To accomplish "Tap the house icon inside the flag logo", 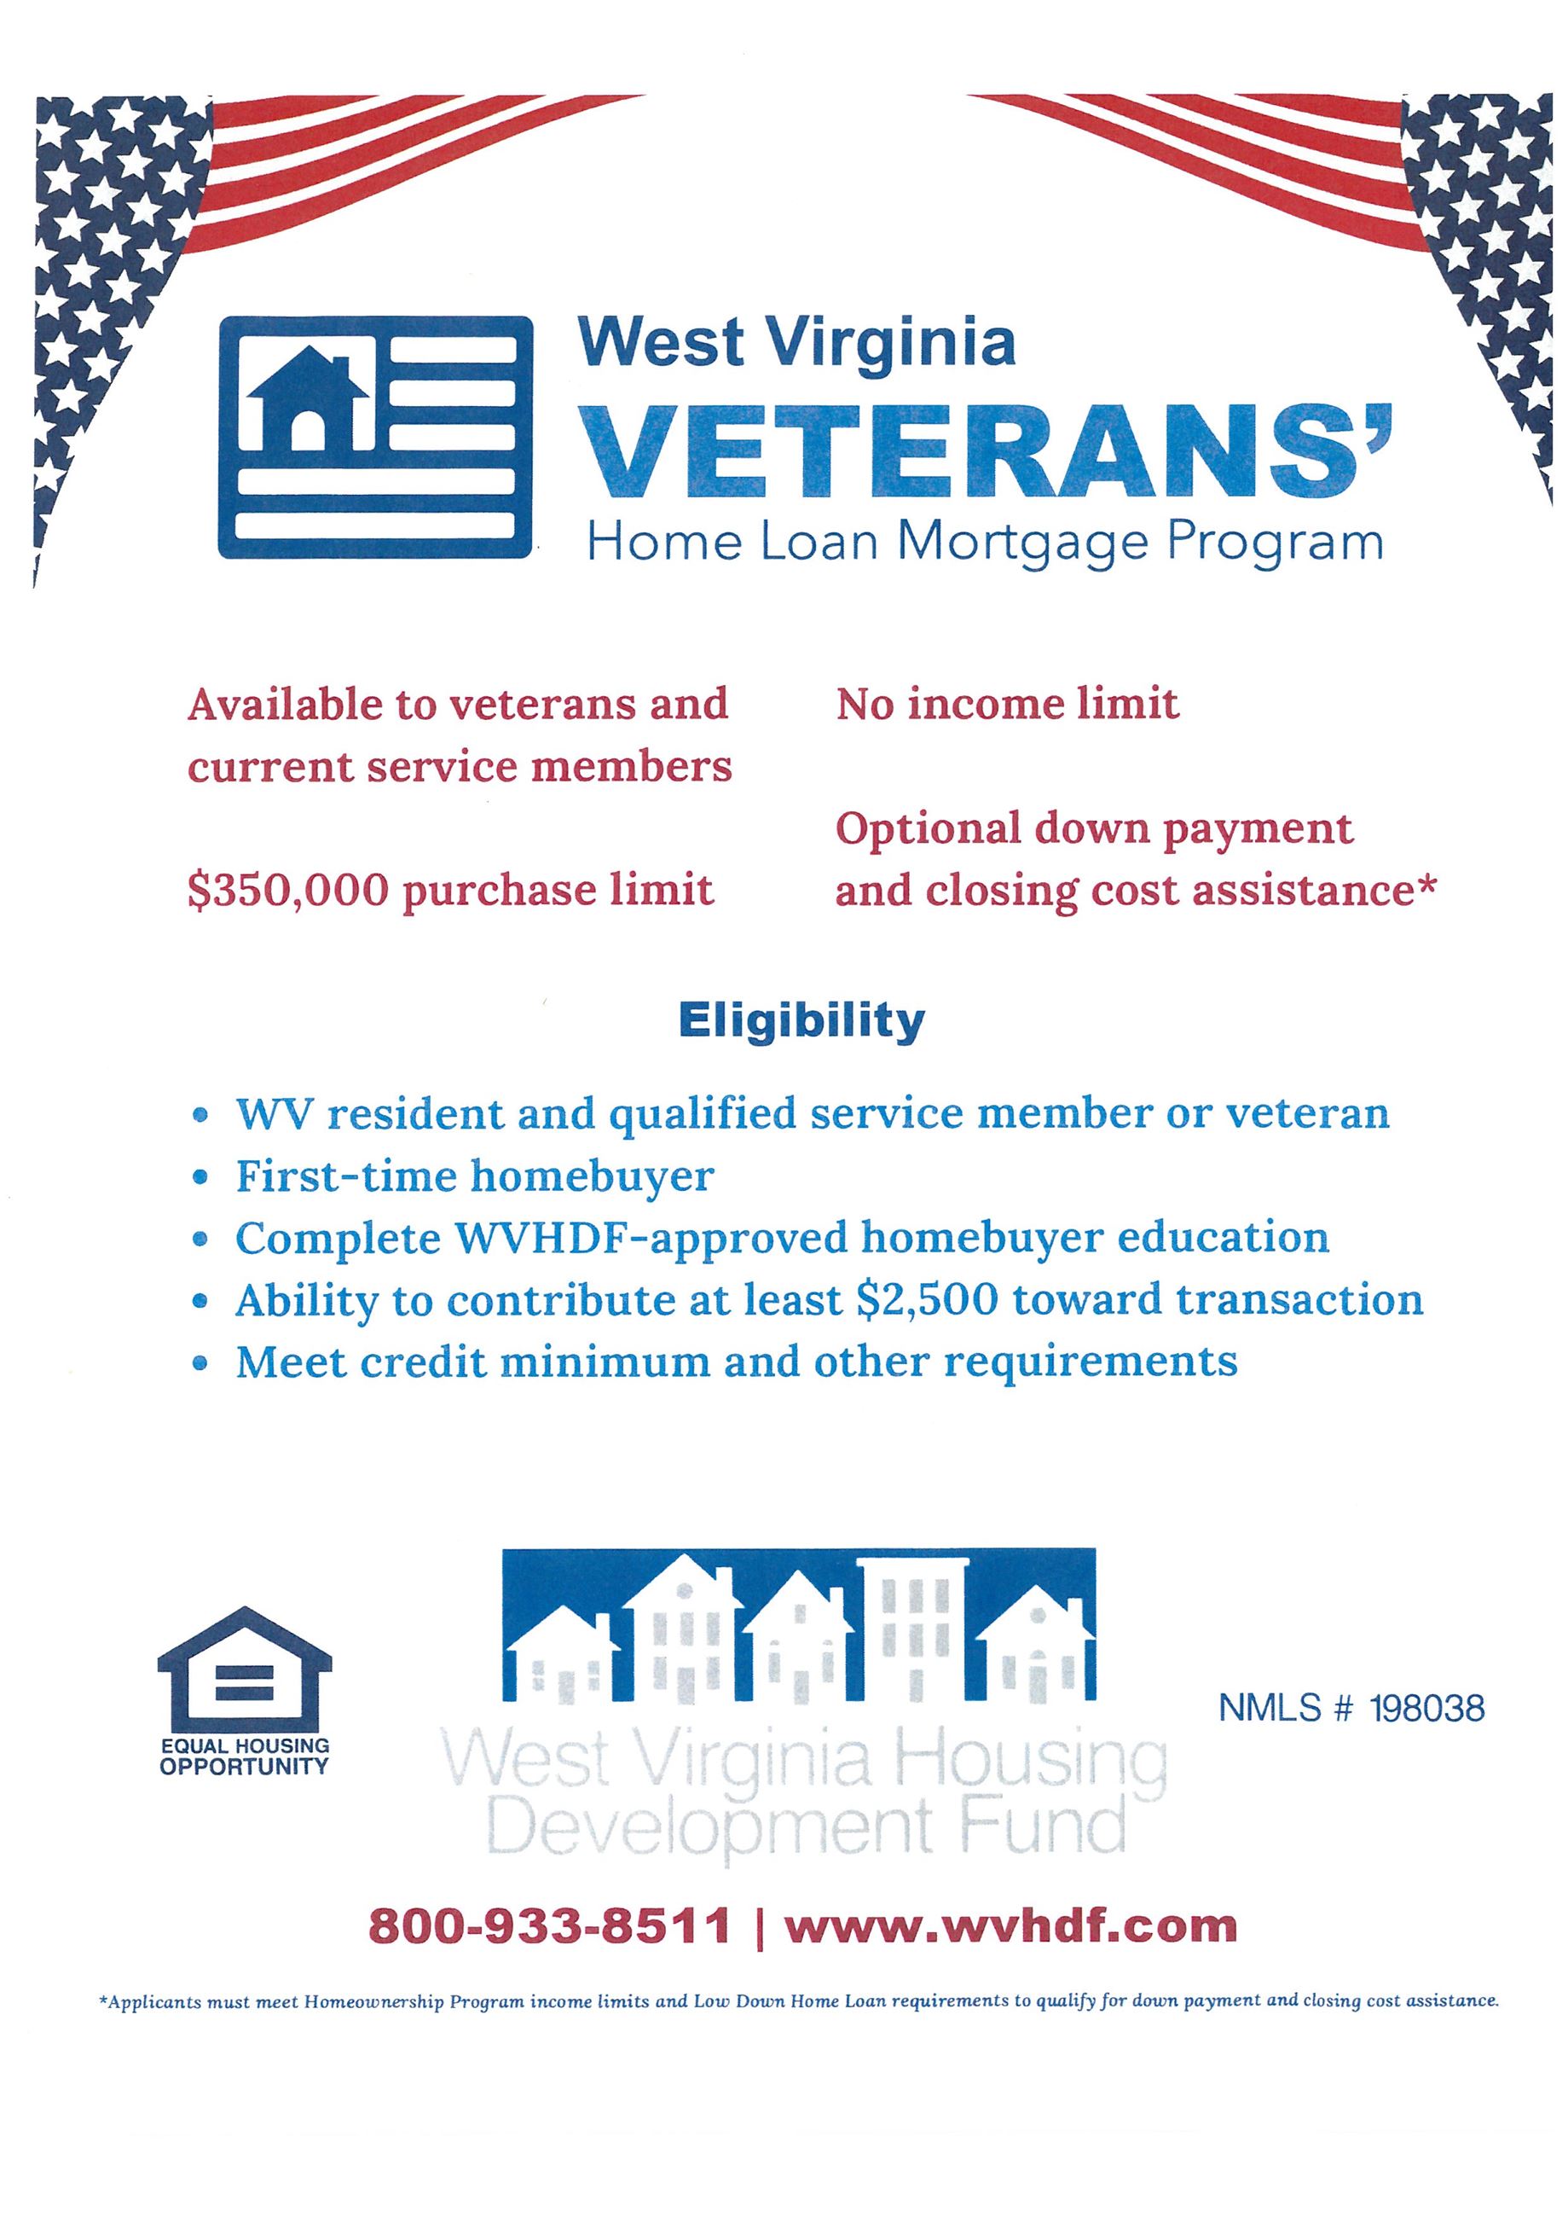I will coord(308,402).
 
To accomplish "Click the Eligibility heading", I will coord(801,1020).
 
